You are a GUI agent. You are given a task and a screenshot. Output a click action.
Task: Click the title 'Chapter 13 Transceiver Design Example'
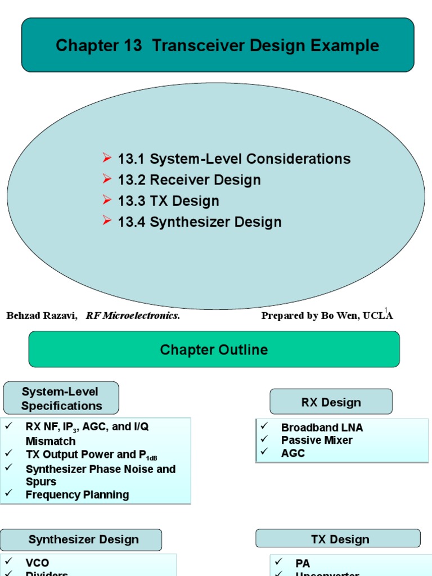coord(217,46)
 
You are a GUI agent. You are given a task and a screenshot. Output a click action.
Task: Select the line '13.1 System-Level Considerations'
coord(234,159)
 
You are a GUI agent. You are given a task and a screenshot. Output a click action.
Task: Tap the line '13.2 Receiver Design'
coord(189,181)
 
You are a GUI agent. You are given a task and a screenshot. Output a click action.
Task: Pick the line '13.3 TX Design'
coord(168,201)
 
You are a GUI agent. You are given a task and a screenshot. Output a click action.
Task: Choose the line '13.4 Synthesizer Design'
coord(199,222)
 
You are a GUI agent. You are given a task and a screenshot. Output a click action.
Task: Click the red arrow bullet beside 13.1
coord(107,158)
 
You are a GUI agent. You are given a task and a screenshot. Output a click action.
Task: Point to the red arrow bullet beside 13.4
coord(107,221)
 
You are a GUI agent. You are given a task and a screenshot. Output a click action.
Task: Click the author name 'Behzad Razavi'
coord(42,316)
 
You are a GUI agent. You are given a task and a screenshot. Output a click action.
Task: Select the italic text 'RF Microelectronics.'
coord(133,316)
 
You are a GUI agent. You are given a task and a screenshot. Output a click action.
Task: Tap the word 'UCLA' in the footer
coord(380,316)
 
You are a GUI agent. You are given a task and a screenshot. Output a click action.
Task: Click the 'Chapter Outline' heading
coord(214,350)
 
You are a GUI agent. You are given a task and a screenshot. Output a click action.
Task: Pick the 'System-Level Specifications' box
coord(61,398)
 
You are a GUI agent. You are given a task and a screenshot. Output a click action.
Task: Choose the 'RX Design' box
coord(331,402)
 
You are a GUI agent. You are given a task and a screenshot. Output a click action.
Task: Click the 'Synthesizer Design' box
coord(83,540)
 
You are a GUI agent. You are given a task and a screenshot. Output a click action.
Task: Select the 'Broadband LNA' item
coord(322,427)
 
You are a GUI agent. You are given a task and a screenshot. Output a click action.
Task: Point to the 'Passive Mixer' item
coord(317,440)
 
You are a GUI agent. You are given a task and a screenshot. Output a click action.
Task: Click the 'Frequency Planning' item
coord(77,495)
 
